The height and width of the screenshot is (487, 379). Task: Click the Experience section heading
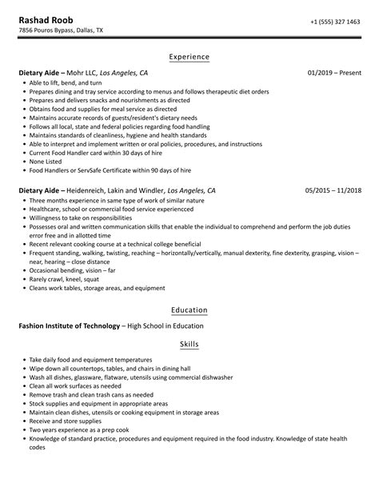[x=189, y=57]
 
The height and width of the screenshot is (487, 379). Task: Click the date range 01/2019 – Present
[x=333, y=73]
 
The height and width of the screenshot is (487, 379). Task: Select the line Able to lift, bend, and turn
[x=65, y=82]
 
